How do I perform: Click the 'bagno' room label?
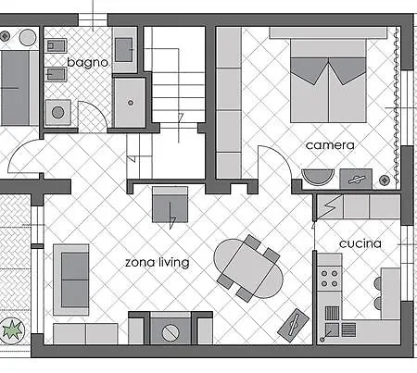(87, 63)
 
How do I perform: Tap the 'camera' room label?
(330, 145)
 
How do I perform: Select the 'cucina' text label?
(360, 243)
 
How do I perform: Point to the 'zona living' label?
(158, 262)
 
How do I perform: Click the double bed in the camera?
(328, 81)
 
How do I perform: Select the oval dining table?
(248, 268)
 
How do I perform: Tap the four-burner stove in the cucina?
(329, 279)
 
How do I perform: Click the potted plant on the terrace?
(12, 329)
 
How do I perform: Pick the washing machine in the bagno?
(58, 112)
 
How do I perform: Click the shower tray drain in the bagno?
(131, 103)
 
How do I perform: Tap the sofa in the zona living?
(71, 280)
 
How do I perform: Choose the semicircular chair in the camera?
(318, 177)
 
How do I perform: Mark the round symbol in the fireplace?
(171, 332)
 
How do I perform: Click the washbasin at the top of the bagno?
(123, 49)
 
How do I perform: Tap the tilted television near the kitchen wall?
(293, 325)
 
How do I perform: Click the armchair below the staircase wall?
(170, 205)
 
